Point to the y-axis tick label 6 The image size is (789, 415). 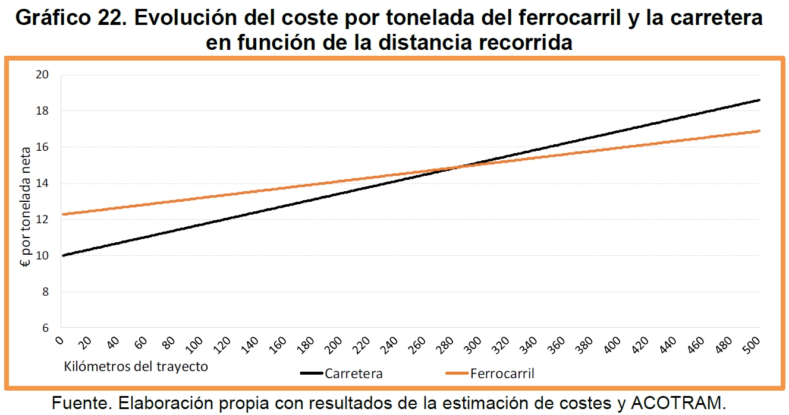pos(45,328)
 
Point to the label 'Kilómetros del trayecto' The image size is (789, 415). pos(136,366)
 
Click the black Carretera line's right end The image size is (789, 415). pos(759,100)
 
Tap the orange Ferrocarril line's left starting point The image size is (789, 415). pos(62,214)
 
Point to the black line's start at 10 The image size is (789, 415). pos(62,255)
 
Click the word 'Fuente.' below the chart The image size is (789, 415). pos(82,404)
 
